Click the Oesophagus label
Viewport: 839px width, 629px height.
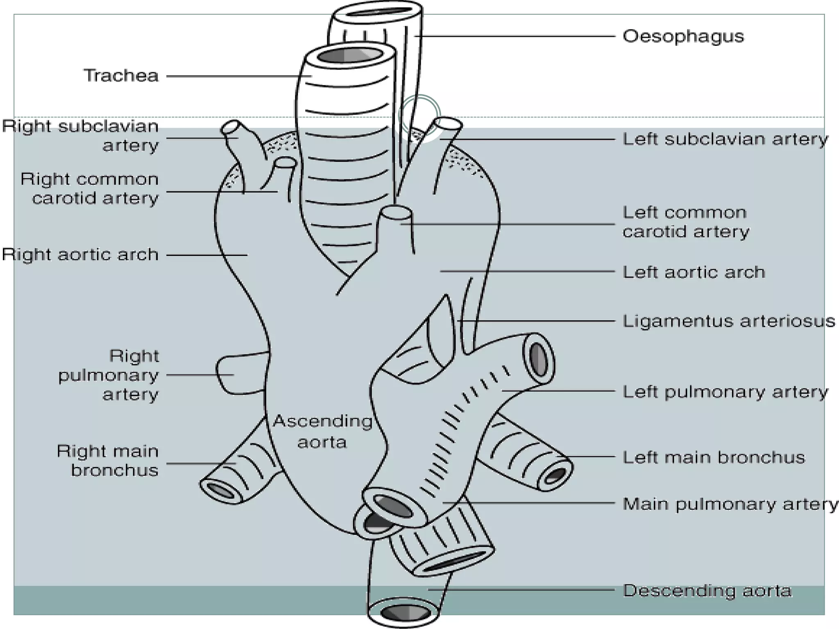683,36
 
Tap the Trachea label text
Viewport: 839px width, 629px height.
121,76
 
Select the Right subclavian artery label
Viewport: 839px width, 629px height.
80,136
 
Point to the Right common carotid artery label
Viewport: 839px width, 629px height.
89,189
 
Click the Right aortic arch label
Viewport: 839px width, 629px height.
80,255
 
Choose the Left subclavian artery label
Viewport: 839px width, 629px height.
725,139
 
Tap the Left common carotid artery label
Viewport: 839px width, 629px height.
685,222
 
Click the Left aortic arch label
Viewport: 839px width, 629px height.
694,272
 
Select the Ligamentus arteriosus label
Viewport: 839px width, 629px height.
728,321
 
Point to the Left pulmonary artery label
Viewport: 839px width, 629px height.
725,392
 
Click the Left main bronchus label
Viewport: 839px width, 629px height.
714,457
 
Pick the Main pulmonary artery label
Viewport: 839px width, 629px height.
730,504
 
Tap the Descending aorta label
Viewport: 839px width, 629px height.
707,591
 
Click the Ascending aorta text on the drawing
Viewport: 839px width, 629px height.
322,432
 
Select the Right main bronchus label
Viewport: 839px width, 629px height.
107,461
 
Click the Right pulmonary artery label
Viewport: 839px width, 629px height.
108,375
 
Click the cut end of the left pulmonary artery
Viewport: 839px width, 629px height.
538,357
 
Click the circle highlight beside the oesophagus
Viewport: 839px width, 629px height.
419,115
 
